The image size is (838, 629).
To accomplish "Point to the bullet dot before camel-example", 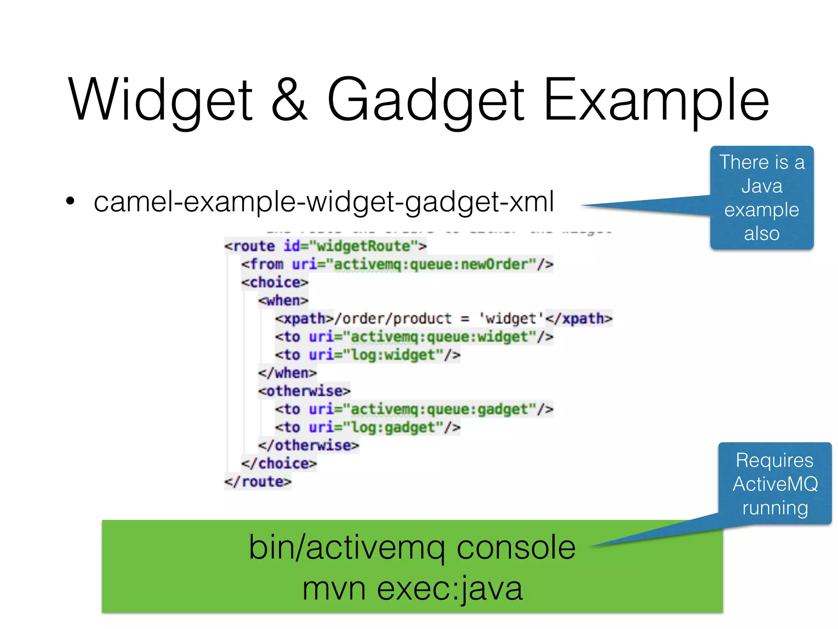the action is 70,201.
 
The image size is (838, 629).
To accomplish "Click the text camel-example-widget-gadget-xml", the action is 323,201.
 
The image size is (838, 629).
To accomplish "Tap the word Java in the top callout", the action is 761,186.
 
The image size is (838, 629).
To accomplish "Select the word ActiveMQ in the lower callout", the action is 775,484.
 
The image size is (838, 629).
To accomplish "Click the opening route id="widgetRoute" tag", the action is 325,246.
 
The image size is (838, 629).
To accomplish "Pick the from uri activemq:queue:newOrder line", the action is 397,264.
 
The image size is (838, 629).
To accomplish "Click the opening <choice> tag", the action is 275,283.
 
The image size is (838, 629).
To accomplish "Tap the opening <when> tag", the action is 283,301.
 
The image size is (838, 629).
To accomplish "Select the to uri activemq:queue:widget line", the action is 414,337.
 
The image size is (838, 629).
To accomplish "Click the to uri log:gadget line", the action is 367,428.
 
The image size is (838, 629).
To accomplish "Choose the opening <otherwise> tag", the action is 304,391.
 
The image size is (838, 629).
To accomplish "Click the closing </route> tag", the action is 258,482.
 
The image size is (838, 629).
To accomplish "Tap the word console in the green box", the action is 516,548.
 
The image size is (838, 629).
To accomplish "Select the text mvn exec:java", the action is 412,588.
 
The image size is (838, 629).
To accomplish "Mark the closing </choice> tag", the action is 279,464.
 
